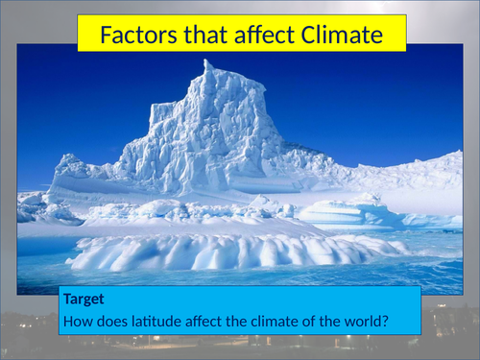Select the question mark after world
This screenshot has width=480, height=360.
coord(384,321)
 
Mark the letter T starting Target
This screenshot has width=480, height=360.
coord(64,300)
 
